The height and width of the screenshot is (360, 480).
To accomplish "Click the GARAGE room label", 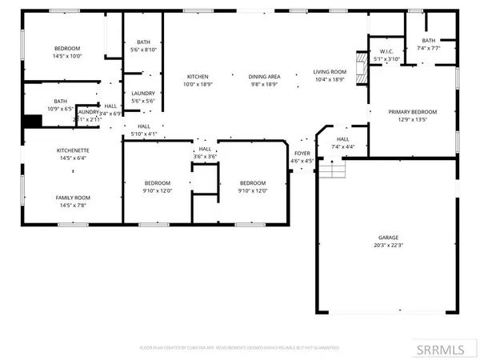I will (x=389, y=238).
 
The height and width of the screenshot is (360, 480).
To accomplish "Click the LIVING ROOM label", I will (x=329, y=72).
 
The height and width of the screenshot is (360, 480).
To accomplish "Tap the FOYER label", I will (x=302, y=152).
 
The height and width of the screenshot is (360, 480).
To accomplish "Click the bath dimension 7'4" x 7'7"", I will (x=429, y=48).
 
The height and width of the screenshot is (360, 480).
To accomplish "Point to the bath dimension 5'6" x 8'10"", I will (x=143, y=50).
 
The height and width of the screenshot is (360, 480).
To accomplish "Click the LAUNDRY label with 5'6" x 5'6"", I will (x=143, y=93).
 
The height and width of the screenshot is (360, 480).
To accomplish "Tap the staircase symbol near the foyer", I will (x=332, y=170).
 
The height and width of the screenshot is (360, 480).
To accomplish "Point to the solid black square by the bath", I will (x=32, y=121).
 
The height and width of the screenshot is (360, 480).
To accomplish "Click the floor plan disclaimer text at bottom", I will (x=239, y=348).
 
